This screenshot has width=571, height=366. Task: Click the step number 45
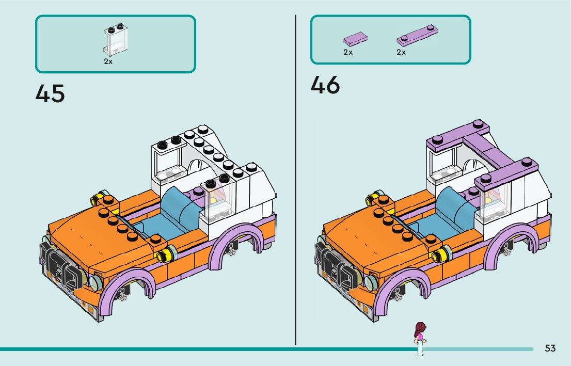[50, 94]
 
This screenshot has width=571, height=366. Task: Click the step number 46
[325, 85]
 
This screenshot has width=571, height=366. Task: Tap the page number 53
[550, 348]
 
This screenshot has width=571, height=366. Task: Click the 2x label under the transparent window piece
[108, 61]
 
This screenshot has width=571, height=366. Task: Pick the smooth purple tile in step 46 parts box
[355, 38]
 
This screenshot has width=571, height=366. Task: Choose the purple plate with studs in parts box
[418, 35]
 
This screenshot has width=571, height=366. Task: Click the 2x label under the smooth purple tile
[348, 52]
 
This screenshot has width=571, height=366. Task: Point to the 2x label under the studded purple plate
[401, 52]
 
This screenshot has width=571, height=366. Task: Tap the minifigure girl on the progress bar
[420, 338]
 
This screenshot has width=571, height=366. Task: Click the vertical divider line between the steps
[295, 181]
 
